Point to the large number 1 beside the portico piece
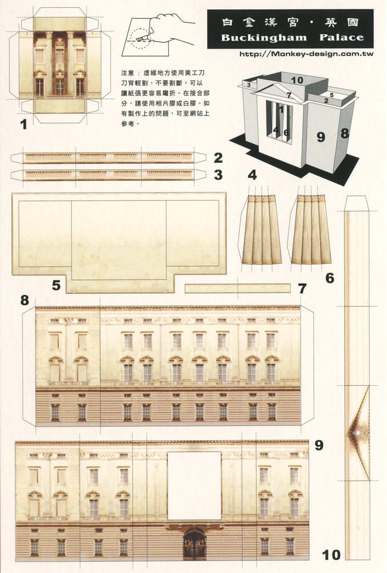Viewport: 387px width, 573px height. click(23, 124)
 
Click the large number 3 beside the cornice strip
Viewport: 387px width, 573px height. click(218, 175)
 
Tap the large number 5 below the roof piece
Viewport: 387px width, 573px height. click(56, 285)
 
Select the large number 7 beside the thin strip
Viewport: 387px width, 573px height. click(302, 288)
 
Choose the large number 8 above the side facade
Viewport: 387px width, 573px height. click(25, 300)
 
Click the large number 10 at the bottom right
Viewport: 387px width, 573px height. click(331, 554)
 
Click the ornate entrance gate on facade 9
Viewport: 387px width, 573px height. click(194, 545)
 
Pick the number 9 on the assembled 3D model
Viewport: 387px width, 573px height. click(321, 136)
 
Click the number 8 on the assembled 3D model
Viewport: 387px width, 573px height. click(345, 134)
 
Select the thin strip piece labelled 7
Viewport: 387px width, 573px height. click(237, 288)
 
